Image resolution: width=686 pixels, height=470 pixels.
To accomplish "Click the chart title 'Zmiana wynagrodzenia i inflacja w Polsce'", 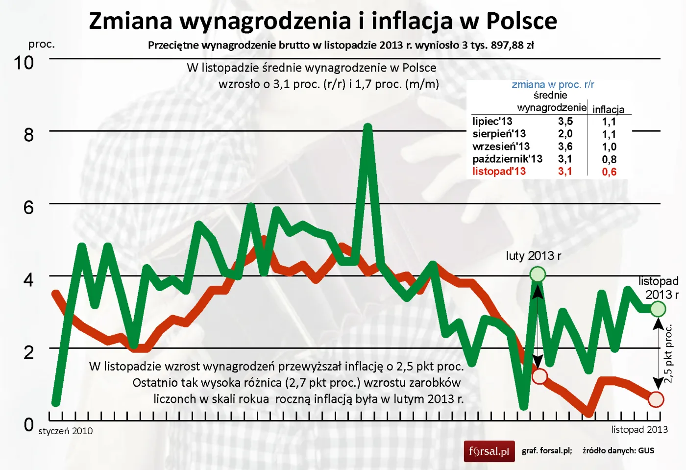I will click(323, 21).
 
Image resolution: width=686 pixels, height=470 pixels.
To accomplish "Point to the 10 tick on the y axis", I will click(24, 63).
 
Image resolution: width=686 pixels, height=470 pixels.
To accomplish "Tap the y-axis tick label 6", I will click(28, 207).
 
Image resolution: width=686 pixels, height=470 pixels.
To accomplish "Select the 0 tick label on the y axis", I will click(28, 424).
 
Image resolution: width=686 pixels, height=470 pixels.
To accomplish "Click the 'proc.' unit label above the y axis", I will click(42, 44).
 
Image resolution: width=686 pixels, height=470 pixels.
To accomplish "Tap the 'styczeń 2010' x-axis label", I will click(66, 431).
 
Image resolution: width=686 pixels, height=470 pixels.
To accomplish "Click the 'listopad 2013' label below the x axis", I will click(639, 430).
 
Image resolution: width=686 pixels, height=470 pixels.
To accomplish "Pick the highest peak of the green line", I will click(367, 127).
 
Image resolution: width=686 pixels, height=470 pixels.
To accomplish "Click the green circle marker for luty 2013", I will click(538, 274).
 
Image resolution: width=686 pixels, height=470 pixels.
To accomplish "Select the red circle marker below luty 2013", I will click(539, 376).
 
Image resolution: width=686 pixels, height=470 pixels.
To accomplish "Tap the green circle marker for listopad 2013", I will click(658, 309).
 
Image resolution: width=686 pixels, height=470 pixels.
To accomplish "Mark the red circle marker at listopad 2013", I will click(656, 399).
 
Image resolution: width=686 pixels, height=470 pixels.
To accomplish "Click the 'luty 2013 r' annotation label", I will click(533, 256).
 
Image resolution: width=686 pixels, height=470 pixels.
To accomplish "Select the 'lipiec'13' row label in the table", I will click(492, 122).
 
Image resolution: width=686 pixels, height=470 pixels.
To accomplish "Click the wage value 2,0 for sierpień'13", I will click(565, 134).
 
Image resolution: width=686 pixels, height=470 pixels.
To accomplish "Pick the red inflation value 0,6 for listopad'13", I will click(609, 172).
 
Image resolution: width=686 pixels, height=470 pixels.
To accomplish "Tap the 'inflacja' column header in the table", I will click(608, 110).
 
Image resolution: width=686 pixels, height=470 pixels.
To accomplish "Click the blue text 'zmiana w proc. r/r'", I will click(553, 85).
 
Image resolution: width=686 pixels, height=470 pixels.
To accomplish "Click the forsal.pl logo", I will click(489, 451).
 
